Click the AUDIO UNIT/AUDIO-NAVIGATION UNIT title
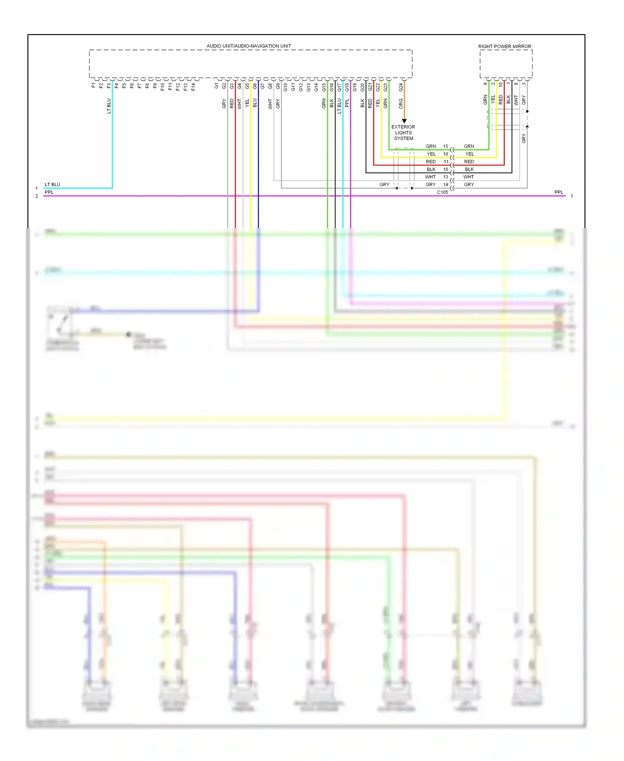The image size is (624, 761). pos(249,46)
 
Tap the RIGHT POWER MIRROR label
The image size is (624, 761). pos(504,46)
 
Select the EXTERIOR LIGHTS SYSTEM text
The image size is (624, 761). pos(403,132)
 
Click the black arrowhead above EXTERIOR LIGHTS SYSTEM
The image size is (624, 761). pos(404,121)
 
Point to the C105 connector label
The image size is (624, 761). pos(442,192)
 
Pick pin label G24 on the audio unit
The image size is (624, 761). pos(401,87)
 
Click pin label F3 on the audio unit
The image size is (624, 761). pos(109,86)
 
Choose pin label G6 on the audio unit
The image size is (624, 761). pos(255,86)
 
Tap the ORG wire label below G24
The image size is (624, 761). pos(401,103)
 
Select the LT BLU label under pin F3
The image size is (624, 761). pos(109,106)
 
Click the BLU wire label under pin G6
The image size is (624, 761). pos(255,103)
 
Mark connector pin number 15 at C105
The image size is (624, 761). pos(446,146)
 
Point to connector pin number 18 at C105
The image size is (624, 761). pos(446,169)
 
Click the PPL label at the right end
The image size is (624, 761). pos(558,192)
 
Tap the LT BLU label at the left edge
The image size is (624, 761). pos(52,184)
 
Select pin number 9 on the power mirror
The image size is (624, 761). pos(485,84)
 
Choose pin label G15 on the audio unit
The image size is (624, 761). pos(324,87)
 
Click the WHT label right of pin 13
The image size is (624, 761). pos(468,177)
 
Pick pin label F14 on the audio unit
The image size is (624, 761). pos(193,87)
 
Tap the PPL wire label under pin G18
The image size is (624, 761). pos(347,103)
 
